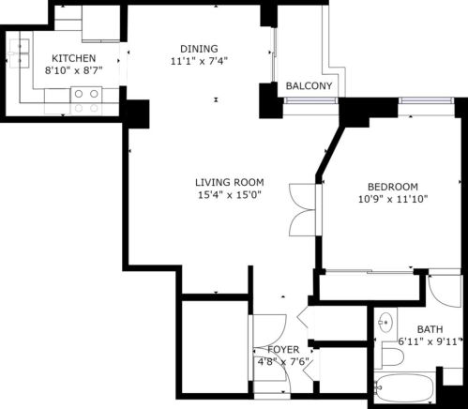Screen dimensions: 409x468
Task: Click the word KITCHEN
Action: [x=73, y=57]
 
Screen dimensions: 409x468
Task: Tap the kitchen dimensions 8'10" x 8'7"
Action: [x=73, y=70]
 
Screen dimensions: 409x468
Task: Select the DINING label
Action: [x=199, y=49]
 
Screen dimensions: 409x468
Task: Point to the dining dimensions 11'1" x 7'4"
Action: [x=199, y=62]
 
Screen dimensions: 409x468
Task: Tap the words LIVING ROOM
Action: [x=229, y=182]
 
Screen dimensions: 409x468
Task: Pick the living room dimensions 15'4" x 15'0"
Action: [x=229, y=195]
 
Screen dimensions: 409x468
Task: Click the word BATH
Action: [x=430, y=329]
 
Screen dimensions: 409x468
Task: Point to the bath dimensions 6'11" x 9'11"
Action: [x=430, y=342]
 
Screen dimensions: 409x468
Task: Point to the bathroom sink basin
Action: [x=384, y=322]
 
